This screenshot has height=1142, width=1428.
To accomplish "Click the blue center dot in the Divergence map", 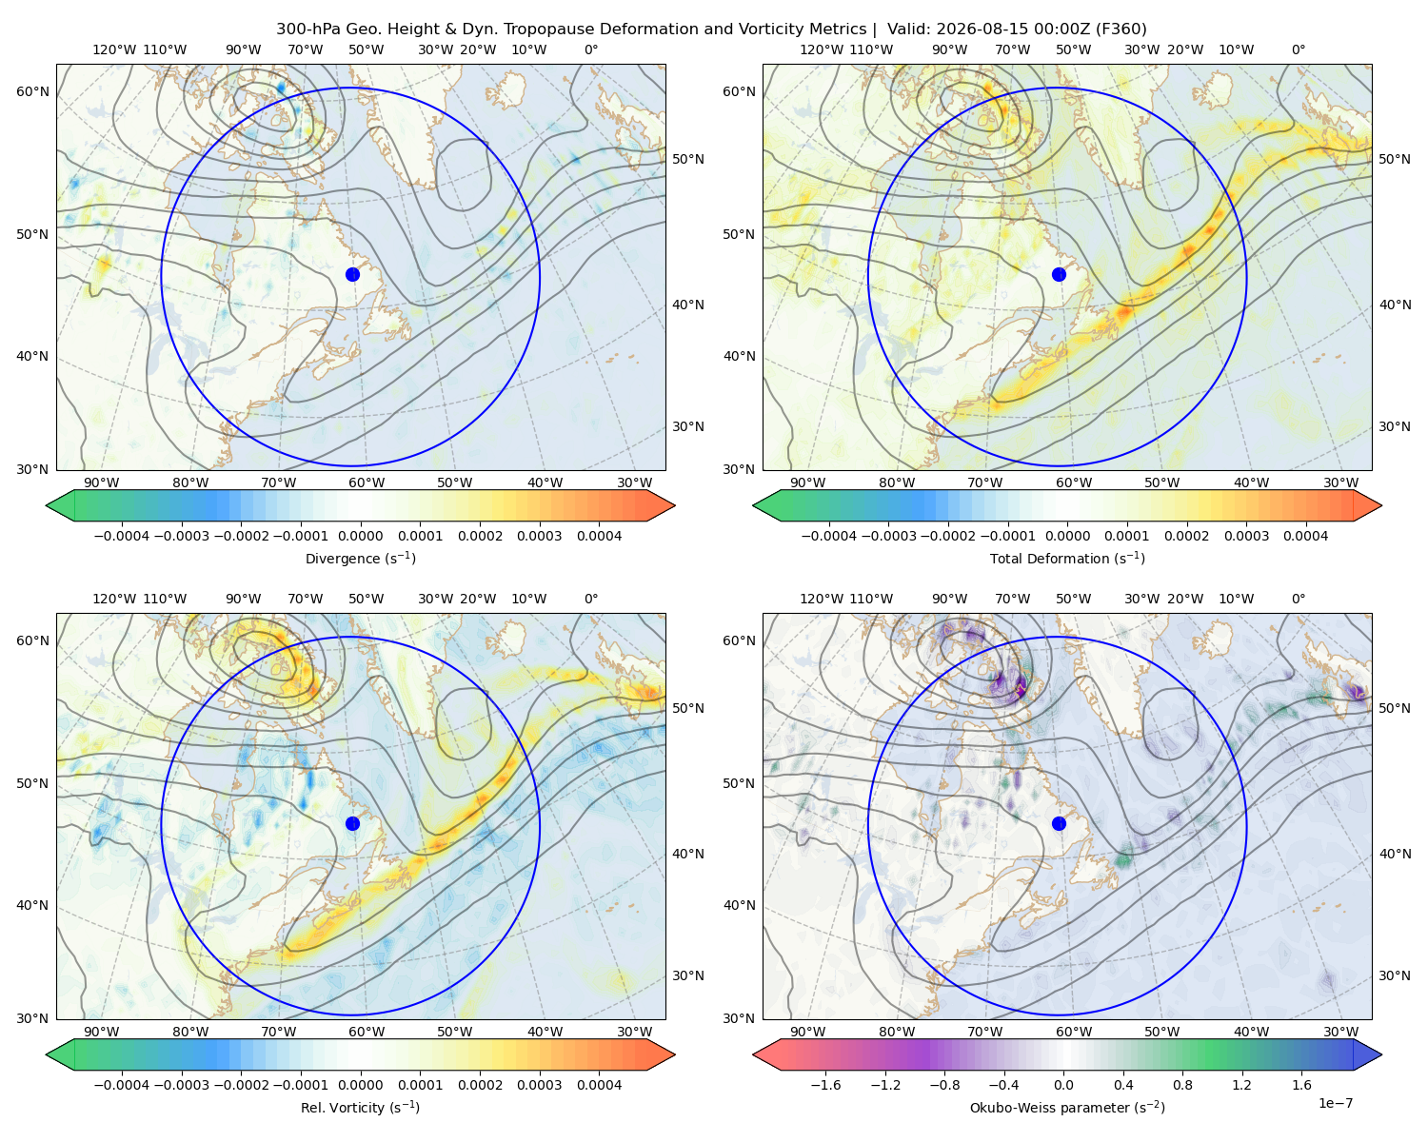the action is point(352,274).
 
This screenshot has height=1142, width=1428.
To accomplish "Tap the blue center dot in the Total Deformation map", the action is point(1059,274).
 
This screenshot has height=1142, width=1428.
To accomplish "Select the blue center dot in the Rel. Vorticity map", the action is point(352,823).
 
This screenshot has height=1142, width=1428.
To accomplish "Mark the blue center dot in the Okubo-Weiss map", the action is point(1059,823).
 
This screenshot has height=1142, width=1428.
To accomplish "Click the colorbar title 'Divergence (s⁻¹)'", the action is point(360,558).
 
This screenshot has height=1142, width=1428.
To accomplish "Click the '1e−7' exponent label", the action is point(1335,1103).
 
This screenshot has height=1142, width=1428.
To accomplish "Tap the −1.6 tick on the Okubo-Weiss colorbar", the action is point(825,1084).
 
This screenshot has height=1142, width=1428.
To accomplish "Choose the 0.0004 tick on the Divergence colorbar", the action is point(599,536).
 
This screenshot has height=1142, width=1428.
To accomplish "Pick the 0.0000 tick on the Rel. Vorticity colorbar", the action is point(360,1084).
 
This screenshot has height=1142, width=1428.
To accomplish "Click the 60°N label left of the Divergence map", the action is point(32,91).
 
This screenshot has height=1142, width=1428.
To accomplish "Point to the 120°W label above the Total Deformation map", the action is point(822,49).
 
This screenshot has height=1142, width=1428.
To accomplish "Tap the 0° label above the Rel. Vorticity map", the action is point(591,599).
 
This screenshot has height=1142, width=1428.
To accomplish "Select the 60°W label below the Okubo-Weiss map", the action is point(1074,1032).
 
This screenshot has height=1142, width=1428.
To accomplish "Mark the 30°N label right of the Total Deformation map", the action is point(1395,426).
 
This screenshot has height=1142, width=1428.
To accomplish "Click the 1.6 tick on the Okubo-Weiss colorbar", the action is point(1302,1084).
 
